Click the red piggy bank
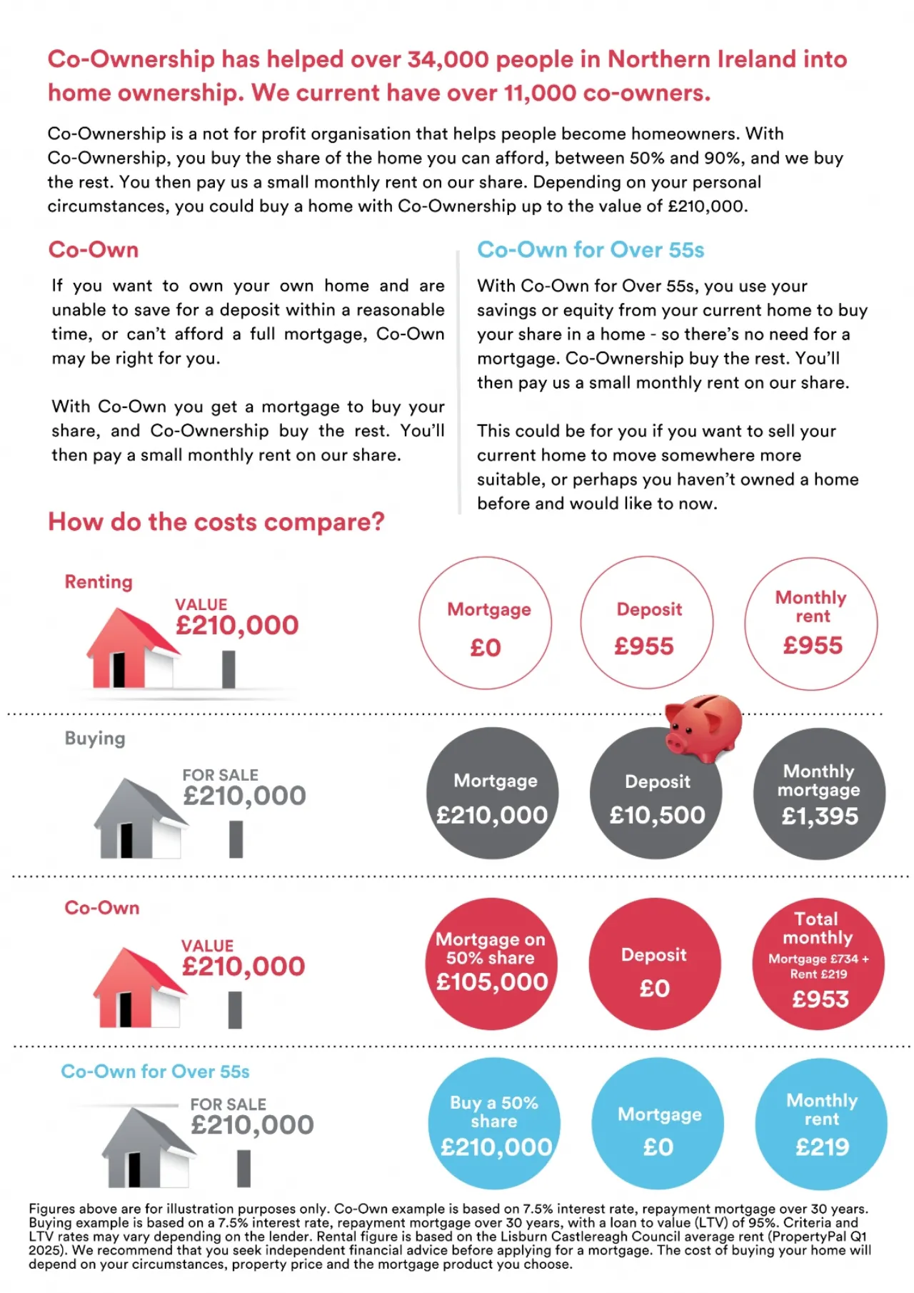click(x=703, y=727)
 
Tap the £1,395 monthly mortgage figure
click(x=820, y=816)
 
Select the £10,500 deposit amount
click(x=657, y=815)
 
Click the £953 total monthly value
click(x=820, y=999)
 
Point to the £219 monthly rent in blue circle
click(x=822, y=1147)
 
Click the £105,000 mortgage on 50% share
click(x=492, y=982)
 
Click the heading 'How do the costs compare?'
click(x=216, y=522)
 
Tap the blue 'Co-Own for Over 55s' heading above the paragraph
click(x=591, y=250)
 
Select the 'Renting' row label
click(x=99, y=582)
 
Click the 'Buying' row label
click(x=95, y=739)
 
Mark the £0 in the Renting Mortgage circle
click(x=486, y=648)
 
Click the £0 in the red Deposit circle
click(x=654, y=989)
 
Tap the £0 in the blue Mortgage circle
click(x=658, y=1147)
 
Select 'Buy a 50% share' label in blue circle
click(x=494, y=1112)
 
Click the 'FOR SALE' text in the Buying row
click(x=220, y=775)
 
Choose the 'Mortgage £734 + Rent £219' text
click(x=818, y=967)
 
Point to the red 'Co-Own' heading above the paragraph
click(x=94, y=250)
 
